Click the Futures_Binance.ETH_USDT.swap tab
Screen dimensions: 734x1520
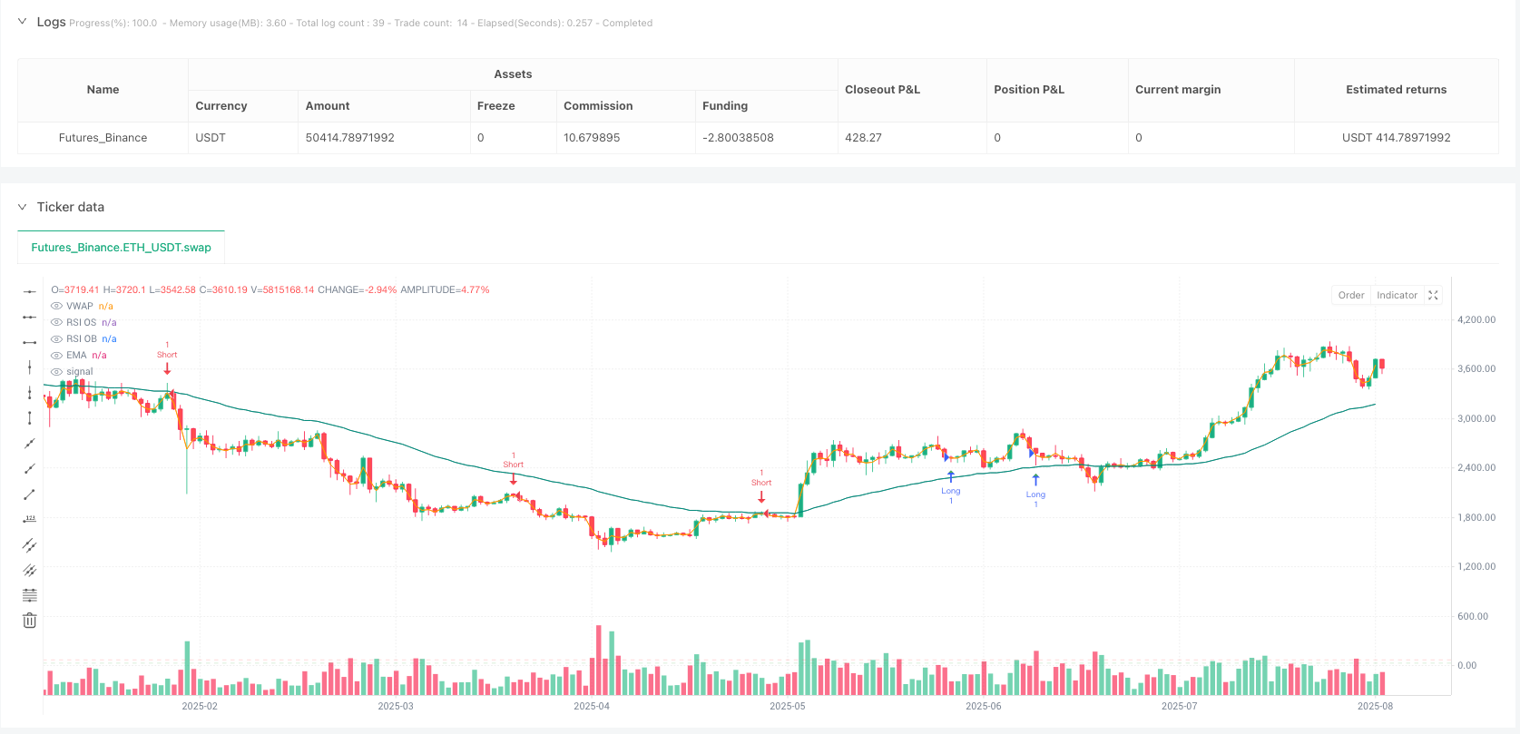[x=121, y=247]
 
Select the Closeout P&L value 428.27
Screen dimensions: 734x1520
[x=863, y=138]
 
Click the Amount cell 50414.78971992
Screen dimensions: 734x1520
[x=349, y=138]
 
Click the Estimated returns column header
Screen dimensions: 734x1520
[x=1396, y=90]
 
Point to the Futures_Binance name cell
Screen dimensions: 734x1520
[x=103, y=138]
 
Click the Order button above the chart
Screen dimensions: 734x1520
[x=1350, y=295]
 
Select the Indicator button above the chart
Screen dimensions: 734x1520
[x=1397, y=295]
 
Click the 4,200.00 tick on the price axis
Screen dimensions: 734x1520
[x=1476, y=319]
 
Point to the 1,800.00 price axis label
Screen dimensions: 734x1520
[x=1476, y=517]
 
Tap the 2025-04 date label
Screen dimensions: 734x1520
[x=592, y=706]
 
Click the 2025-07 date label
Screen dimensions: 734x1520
[x=1179, y=706]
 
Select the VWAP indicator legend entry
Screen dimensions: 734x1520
[x=80, y=306]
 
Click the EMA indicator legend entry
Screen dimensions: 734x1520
[x=76, y=355]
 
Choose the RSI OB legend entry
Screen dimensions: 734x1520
[x=82, y=338]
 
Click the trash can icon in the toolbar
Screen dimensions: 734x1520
[x=30, y=621]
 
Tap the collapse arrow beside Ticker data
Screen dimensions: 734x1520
[x=23, y=207]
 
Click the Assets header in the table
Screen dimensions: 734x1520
[x=513, y=74]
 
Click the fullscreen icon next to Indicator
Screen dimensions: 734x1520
[x=1434, y=295]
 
